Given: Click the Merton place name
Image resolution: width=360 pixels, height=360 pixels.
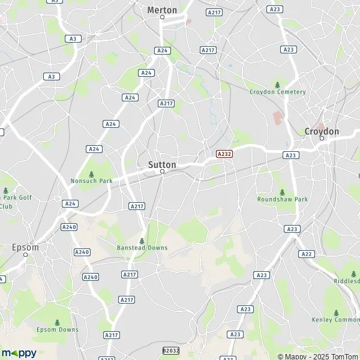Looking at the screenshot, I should click(x=162, y=10).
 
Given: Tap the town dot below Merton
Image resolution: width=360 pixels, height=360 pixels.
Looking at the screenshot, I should click(x=162, y=17).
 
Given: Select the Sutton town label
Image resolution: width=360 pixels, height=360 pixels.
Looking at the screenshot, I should click(x=162, y=164).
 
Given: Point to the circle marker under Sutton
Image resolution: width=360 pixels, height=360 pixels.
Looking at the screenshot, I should click(x=162, y=172).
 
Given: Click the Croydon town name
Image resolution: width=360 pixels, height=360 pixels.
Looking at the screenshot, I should click(x=322, y=131).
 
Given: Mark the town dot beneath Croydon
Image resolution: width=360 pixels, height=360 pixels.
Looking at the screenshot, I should click(x=322, y=139).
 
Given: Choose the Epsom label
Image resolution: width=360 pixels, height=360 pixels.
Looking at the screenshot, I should click(x=25, y=247).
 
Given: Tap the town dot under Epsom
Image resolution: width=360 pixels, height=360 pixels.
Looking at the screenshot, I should click(x=25, y=254).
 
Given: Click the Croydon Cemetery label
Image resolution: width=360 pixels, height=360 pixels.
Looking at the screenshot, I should click(x=278, y=92).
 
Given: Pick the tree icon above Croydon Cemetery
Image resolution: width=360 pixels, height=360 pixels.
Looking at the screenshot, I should click(x=277, y=84).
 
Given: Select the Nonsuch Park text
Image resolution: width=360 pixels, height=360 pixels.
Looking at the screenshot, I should click(x=91, y=181).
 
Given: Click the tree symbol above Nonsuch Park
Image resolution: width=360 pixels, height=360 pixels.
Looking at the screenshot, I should click(x=91, y=173).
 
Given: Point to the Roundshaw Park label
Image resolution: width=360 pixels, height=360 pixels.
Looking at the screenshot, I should click(x=282, y=199).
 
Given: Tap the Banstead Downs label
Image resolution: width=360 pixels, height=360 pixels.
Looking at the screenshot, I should click(x=142, y=247).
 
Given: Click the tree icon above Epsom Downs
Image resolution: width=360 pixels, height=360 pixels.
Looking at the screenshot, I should click(x=57, y=322).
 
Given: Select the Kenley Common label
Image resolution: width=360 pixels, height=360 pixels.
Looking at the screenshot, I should click(x=335, y=320).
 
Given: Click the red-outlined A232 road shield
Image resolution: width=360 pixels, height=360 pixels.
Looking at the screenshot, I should click(x=224, y=154).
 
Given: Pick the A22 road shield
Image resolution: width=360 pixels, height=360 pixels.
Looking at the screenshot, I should click(x=307, y=254).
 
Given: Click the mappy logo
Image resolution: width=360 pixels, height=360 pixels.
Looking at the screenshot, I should click(x=19, y=353).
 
